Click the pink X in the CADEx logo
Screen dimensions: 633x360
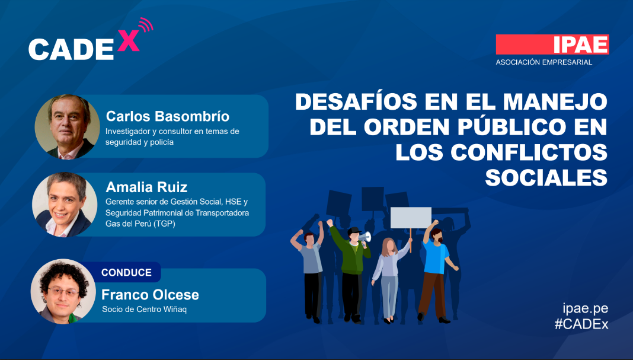tap(129, 41)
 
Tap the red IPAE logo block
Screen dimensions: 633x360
tap(552, 44)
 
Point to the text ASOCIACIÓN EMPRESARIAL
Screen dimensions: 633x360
tap(544, 62)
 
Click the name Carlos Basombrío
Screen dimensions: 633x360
tap(168, 116)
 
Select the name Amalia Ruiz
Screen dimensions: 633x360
tap(146, 187)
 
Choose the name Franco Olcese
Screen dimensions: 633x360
tap(150, 295)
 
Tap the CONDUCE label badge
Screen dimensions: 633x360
tap(126, 272)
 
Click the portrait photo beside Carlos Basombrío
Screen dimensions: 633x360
tap(67, 127)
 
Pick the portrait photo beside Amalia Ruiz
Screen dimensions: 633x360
tap(65, 205)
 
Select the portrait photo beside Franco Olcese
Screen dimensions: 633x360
tap(63, 291)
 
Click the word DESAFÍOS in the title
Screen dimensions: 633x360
tap(356, 101)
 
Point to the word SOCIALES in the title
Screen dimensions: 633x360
tap(546, 177)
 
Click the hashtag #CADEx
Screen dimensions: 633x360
tap(581, 324)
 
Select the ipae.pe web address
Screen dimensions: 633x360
tap(586, 308)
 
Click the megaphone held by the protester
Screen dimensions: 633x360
tap(365, 237)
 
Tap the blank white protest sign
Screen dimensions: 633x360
tap(411, 218)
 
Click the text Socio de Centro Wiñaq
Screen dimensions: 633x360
tap(144, 310)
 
